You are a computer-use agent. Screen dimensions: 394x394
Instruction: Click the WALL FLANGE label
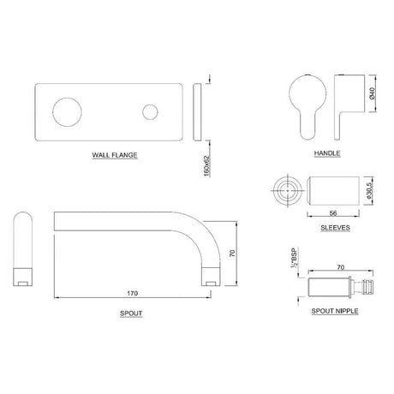[x=116, y=156]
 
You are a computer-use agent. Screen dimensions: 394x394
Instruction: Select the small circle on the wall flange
[x=152, y=112]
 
